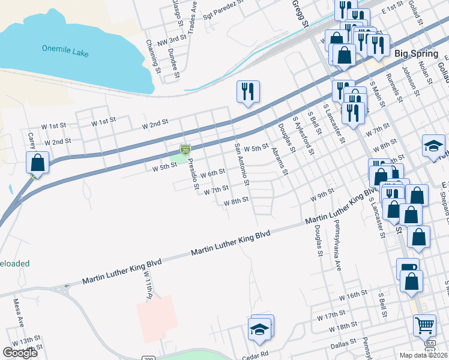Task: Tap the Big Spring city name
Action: click(416, 53)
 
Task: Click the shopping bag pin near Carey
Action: click(37, 162)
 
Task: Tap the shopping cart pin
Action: click(424, 325)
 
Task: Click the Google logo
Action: click(20, 353)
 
